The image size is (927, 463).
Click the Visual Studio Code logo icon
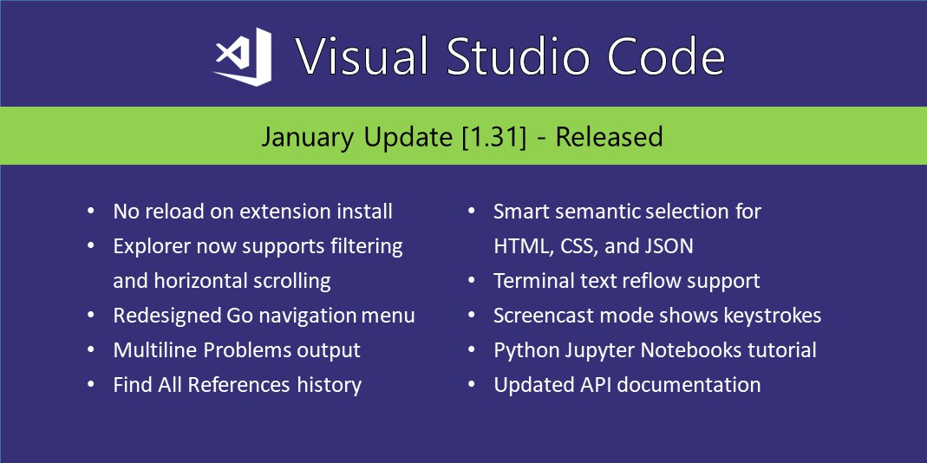pos(243,56)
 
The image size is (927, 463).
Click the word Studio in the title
pos(509,56)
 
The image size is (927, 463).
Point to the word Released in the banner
pos(609,137)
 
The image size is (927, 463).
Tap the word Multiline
pos(155,350)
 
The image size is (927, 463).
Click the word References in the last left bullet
pos(238,385)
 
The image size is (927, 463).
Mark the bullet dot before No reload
pos(90,211)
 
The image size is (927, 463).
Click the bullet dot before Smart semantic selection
pos(471,211)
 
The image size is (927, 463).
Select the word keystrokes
pos(772,316)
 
